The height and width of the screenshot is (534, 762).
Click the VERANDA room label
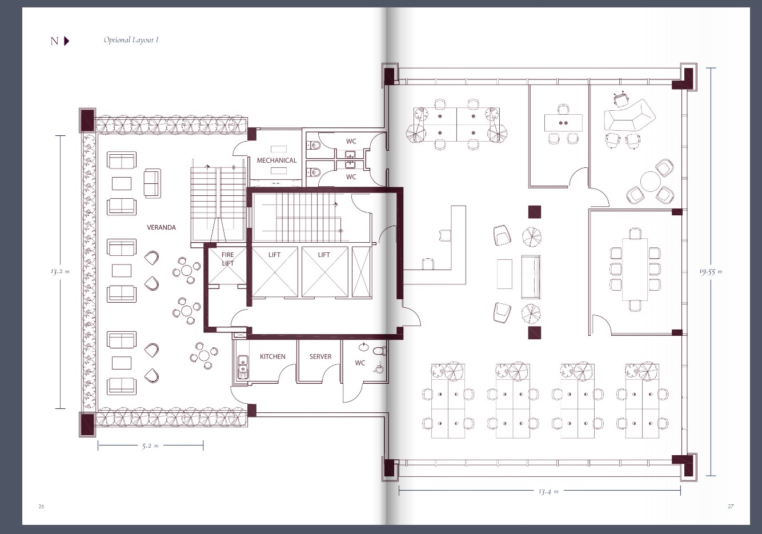click(x=161, y=227)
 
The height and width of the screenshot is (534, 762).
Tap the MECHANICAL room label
click(x=276, y=160)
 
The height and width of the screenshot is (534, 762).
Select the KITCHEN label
click(x=272, y=356)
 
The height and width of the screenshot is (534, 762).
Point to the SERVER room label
click(x=320, y=356)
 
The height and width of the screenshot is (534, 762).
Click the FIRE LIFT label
click(x=228, y=259)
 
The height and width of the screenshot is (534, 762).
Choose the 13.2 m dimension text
click(x=60, y=271)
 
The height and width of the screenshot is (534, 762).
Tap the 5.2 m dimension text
click(x=150, y=445)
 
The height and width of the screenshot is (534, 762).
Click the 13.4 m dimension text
click(x=548, y=491)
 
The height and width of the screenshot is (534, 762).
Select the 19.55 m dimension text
click(x=711, y=271)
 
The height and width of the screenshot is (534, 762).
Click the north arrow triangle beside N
click(x=66, y=41)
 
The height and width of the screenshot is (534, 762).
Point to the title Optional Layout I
click(x=131, y=40)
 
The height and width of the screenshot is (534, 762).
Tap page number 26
click(x=41, y=506)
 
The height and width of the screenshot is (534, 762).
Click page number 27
click(x=731, y=506)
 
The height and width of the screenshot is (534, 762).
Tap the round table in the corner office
click(x=650, y=182)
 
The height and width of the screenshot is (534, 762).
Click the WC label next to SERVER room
click(x=360, y=363)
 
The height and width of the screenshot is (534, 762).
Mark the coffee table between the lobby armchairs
click(x=504, y=274)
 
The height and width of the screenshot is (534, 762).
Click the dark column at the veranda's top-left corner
click(x=87, y=120)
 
